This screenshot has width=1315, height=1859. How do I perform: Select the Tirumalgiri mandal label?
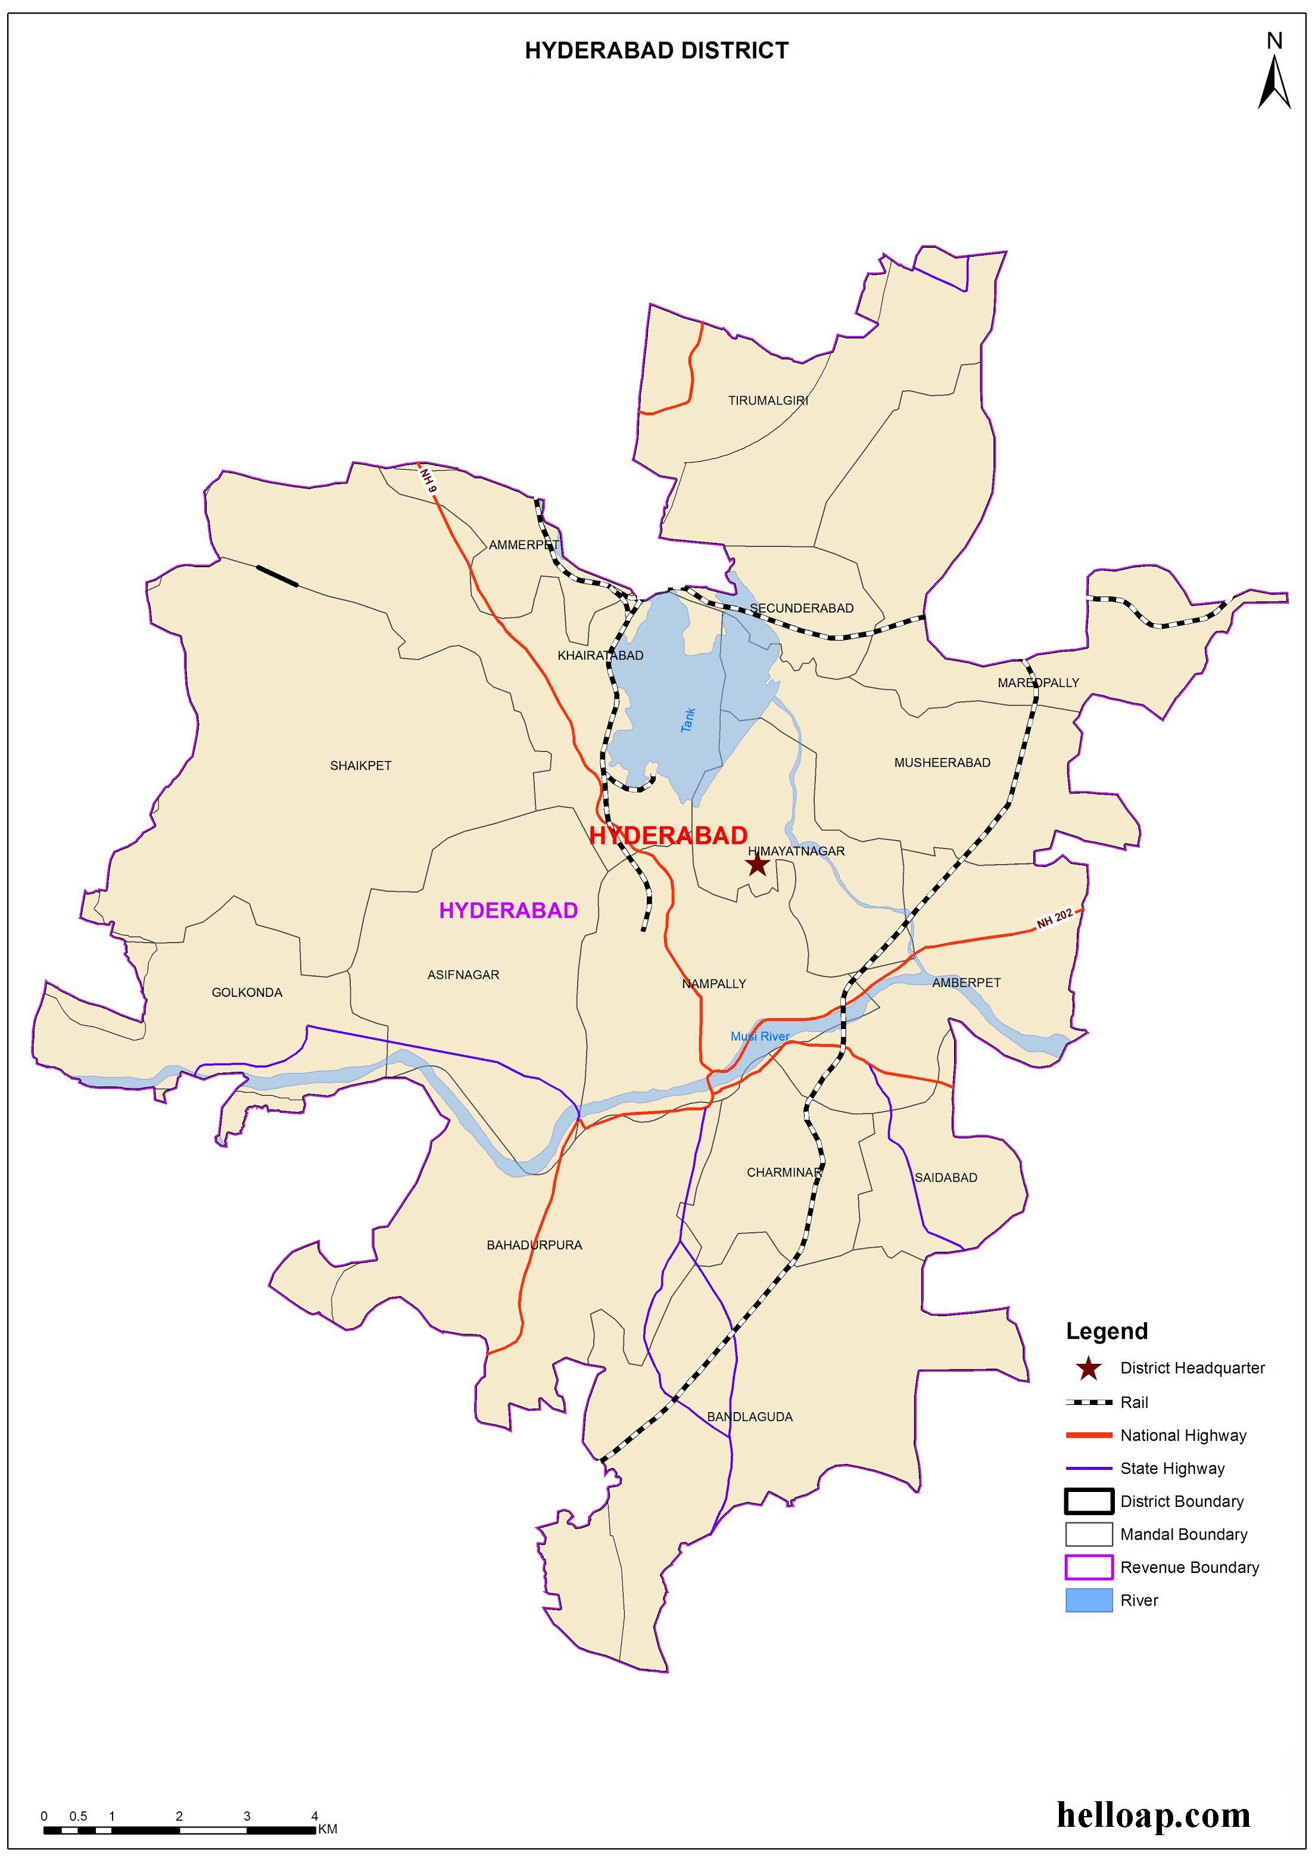768,400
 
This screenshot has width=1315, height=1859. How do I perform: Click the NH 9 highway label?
428,480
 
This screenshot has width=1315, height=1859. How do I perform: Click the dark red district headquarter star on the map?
757,865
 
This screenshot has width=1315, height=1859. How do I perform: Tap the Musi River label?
759,1036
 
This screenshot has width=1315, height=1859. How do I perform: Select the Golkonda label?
247,992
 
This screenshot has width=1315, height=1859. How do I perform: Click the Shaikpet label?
360,766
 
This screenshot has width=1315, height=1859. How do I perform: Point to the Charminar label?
784,1172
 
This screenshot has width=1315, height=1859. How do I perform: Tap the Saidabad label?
946,1177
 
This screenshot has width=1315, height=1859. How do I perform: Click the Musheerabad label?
942,762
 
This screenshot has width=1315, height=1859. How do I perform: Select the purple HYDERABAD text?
509,910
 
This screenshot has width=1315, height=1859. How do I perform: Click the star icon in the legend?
1089,1368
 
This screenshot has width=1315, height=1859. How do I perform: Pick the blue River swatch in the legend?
1088,1600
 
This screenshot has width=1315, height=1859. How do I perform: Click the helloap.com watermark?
1153,1814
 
